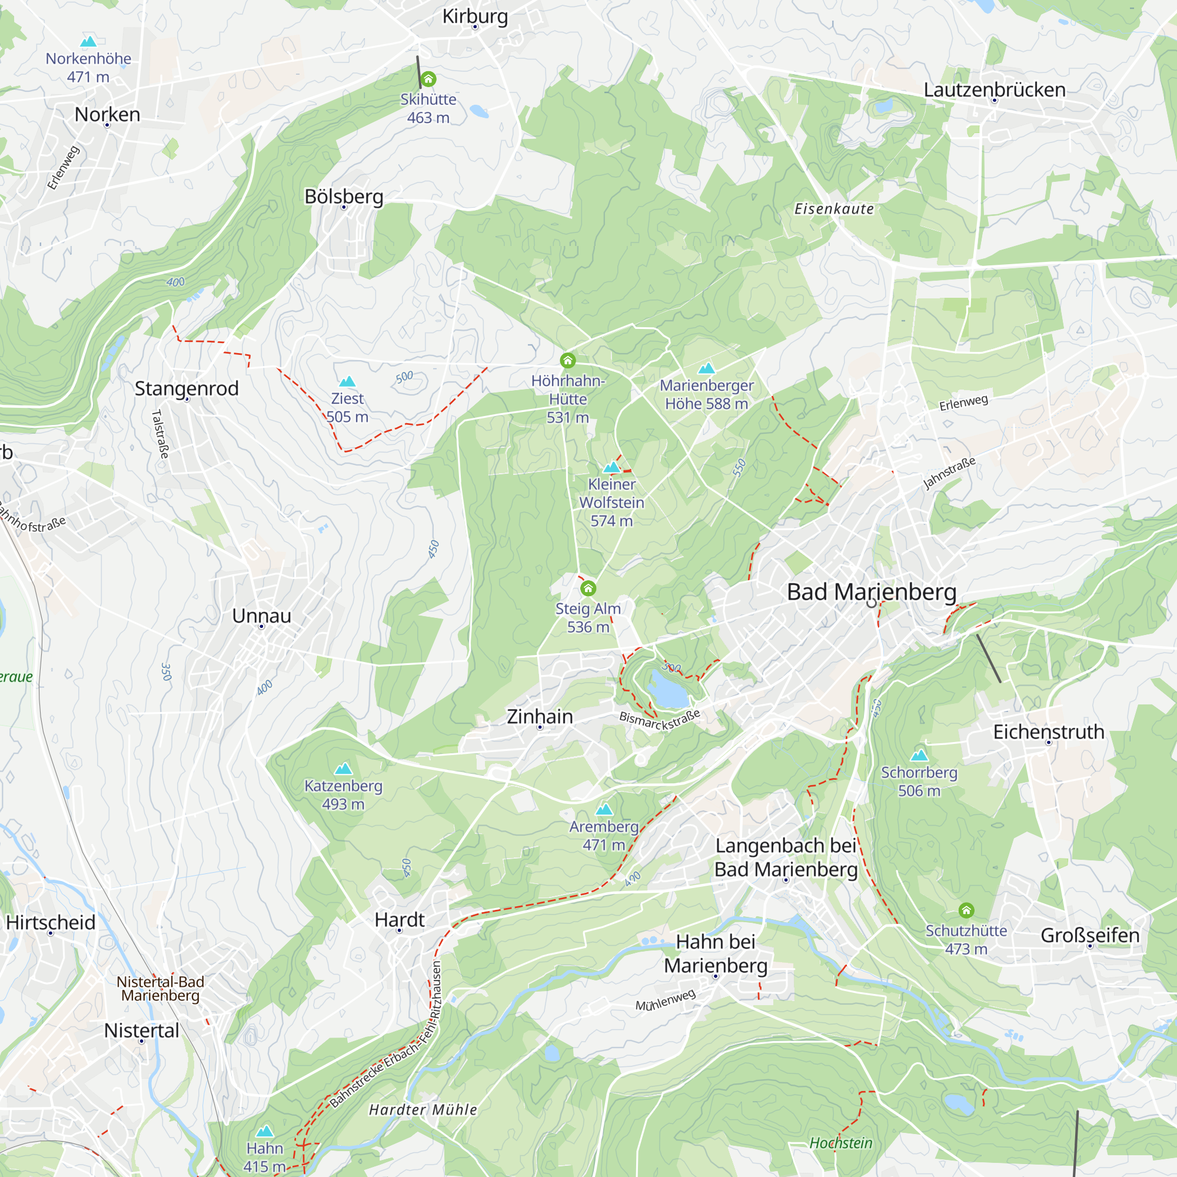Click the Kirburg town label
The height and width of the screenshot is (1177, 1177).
tap(474, 16)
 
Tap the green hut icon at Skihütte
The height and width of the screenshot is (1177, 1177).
tap(428, 79)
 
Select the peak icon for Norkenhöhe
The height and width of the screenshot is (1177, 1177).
tap(88, 41)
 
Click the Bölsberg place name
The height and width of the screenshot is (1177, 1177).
tap(344, 196)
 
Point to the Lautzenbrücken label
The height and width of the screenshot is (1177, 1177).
tap(994, 89)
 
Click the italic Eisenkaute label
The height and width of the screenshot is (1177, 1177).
tap(833, 209)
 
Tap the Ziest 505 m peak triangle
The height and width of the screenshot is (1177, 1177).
tap(347, 381)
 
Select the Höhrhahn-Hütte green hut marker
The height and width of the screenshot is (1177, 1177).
tap(568, 361)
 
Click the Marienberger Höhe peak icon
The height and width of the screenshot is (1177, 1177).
tap(706, 368)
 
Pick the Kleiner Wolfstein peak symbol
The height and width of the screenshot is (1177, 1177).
tap(611, 467)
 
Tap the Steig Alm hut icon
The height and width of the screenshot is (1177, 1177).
tap(588, 588)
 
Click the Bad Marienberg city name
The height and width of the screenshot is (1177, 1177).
tap(871, 591)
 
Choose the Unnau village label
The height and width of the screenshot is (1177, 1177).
tap(261, 616)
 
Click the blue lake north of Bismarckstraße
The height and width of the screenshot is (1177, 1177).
tap(669, 689)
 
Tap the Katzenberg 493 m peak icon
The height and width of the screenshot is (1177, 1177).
tap(344, 768)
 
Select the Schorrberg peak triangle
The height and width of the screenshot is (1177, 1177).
tap(919, 756)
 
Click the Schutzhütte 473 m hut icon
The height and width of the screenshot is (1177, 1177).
tap(966, 910)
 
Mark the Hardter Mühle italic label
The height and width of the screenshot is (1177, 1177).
tap(423, 1109)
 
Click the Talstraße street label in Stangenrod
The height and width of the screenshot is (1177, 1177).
tap(160, 434)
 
